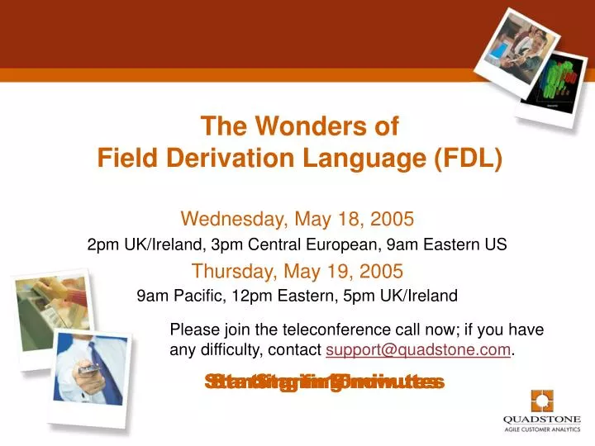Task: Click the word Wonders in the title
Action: point(293,126)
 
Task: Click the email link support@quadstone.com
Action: point(419,350)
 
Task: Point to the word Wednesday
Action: point(231,219)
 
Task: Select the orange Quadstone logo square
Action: point(542,402)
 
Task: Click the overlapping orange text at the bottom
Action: point(325,382)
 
